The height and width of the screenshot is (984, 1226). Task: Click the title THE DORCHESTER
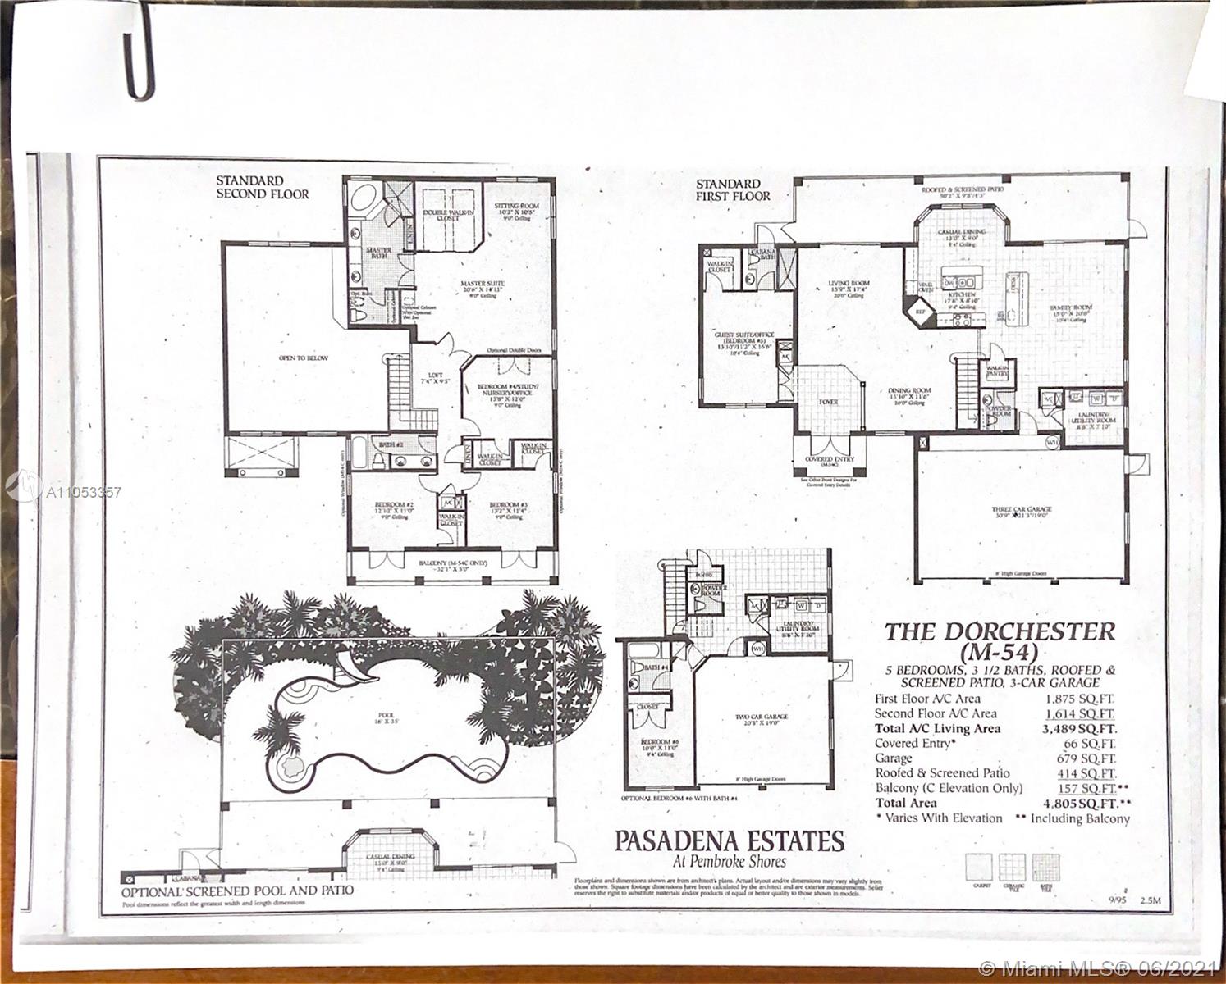tap(999, 632)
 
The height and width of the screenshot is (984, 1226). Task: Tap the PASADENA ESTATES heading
tap(730, 841)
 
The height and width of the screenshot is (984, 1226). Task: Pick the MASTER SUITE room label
tap(483, 285)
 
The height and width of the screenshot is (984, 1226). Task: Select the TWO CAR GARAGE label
tap(761, 717)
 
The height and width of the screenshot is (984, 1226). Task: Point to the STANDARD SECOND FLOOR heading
tap(262, 187)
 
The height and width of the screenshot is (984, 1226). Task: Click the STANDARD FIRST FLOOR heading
tap(733, 189)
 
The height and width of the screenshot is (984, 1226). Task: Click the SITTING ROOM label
tap(516, 207)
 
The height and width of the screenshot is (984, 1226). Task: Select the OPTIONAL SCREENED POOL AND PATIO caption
tap(237, 890)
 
